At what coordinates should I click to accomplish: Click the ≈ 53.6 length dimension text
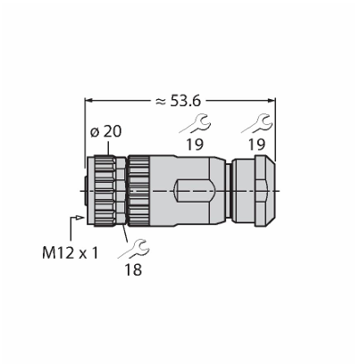coord(178,102)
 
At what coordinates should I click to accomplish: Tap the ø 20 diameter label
coord(105,131)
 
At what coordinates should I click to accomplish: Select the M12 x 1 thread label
coord(70,253)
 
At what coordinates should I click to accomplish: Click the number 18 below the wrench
coord(133,269)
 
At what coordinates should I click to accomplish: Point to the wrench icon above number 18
coord(134,248)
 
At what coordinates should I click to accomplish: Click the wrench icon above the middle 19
coord(196,123)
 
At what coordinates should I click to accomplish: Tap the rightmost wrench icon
coord(256,123)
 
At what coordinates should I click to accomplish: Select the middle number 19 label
coord(195,145)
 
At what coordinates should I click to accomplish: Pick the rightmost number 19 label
coord(256,145)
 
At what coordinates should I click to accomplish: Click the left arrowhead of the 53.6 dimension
coord(88,101)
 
